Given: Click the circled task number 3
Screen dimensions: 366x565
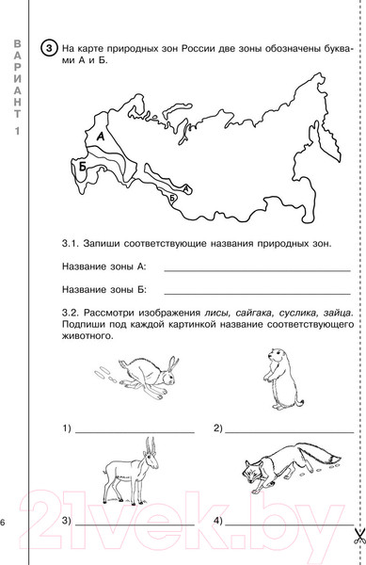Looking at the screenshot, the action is point(49,48).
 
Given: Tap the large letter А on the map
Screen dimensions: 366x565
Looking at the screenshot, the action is point(101,137).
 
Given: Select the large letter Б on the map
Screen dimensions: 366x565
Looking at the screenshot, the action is point(83,167).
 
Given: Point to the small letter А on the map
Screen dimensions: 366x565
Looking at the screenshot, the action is point(186,188).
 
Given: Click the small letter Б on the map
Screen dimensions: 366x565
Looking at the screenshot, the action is point(172,198).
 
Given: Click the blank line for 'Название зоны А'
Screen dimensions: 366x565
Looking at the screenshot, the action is point(257,270).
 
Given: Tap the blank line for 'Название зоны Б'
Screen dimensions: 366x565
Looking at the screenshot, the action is point(257,294).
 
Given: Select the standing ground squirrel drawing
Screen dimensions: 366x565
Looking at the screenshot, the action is point(282,379).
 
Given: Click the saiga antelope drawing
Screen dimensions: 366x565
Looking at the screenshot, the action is point(132,471).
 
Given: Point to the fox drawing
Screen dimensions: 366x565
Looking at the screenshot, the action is point(292,467).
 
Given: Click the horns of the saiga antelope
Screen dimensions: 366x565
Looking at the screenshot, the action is point(151,445).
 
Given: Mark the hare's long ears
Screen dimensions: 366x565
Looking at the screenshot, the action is point(173,364).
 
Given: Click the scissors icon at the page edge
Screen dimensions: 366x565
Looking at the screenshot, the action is point(358,536).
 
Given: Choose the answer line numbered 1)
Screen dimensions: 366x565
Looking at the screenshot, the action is point(135,431).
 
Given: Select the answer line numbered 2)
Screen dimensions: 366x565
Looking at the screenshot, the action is point(290,431).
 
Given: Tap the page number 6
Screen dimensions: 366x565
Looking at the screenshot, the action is point(3,522).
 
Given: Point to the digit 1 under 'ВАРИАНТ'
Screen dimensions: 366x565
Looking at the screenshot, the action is point(17,131).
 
